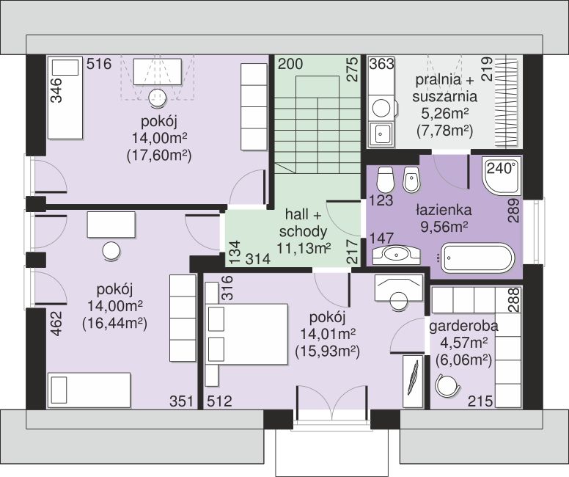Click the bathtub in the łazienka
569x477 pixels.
(x=477, y=258)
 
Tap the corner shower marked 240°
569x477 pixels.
(x=502, y=177)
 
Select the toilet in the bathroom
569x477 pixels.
(x=385, y=180)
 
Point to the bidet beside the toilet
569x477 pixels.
(x=411, y=180)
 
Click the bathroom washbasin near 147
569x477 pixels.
(x=396, y=255)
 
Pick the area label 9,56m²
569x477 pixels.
(x=444, y=227)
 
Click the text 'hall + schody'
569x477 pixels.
(x=304, y=222)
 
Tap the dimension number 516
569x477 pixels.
(x=99, y=64)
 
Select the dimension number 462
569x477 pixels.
(x=57, y=324)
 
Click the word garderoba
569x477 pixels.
(x=463, y=327)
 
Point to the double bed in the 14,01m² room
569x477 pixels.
(x=247, y=334)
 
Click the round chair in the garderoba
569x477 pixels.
(x=447, y=386)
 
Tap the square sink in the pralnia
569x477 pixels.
(x=381, y=134)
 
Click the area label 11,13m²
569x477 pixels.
(x=304, y=249)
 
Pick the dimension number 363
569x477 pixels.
(x=382, y=64)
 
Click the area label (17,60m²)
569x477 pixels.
(x=159, y=156)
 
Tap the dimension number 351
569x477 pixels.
(x=181, y=401)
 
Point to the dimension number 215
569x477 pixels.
(x=480, y=401)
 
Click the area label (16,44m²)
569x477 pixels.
(x=114, y=324)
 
